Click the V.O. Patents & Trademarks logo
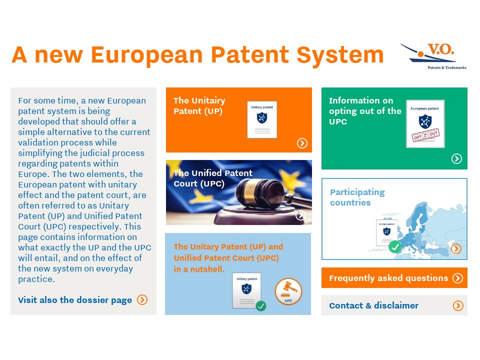433,56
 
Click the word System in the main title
340,55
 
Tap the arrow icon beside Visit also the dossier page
142,299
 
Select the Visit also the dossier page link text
75,300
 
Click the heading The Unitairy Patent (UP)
199,105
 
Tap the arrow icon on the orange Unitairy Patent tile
302,143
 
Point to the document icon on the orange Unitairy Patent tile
262,119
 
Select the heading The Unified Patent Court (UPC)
213,178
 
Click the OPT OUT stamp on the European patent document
425,135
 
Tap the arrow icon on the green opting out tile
456,158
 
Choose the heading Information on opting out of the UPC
365,111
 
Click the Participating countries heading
357,197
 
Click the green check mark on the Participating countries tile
394,246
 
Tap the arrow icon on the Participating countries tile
456,248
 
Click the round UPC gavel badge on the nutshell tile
288,291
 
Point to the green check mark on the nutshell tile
261,305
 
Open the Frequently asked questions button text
388,278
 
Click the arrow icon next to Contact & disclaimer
458,305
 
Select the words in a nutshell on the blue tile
199,269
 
